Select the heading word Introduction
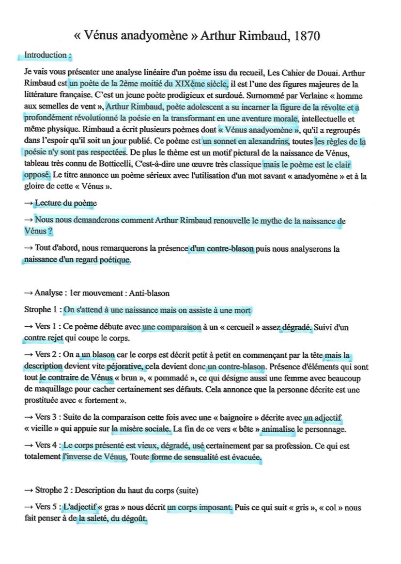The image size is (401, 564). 46,55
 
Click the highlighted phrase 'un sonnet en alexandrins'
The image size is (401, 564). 246,142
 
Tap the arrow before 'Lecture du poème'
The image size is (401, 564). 29,203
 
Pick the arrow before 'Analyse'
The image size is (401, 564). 29,293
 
